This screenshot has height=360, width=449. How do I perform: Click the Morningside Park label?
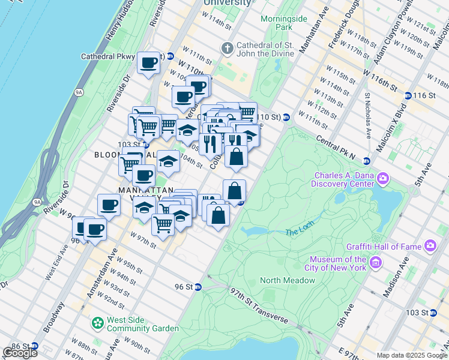point(276,23)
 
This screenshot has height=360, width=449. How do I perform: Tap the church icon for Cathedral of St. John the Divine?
point(227,47)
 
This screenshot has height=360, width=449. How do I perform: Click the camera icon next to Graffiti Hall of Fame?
point(430,245)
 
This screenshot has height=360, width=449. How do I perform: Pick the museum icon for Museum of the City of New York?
point(376,262)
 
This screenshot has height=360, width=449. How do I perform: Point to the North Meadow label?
point(288,280)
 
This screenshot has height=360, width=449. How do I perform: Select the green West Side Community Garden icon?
point(97,323)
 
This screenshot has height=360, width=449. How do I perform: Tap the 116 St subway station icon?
point(408,95)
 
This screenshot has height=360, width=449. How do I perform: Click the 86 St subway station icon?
point(34,346)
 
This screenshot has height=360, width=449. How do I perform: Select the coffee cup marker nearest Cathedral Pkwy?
point(148,62)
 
